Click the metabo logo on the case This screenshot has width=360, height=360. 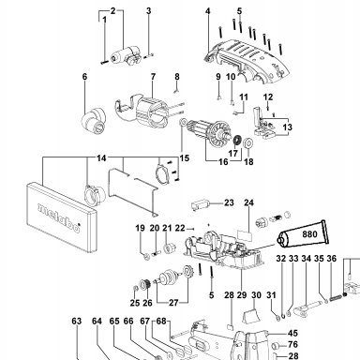59,217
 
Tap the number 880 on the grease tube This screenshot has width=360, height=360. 309,234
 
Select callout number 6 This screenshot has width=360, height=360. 84,77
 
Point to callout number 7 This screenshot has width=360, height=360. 153,77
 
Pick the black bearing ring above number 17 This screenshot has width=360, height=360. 238,140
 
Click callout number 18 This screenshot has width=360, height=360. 248,162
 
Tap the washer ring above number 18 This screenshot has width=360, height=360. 248,143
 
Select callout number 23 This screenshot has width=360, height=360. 229,202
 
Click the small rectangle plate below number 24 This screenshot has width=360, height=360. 245,235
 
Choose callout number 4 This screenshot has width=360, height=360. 208,11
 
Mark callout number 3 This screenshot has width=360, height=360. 149,11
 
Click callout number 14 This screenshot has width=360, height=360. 101,158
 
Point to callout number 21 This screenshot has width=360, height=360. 167,228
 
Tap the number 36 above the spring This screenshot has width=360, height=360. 332,259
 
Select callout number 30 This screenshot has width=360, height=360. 256,295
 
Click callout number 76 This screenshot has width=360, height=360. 292,344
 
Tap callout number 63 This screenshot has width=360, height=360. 77,322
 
